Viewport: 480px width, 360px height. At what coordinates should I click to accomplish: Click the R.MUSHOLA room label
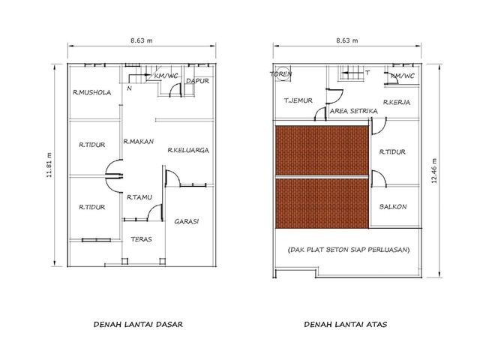[x=91, y=92]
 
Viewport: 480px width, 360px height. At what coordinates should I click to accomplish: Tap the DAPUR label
[x=197, y=81]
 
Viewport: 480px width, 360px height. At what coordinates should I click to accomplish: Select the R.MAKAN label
[x=138, y=142]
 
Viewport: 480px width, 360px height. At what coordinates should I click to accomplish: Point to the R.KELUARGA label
[x=188, y=150]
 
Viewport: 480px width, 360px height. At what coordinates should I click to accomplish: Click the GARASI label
[x=187, y=221]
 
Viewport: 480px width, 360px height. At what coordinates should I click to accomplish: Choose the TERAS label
[x=141, y=239]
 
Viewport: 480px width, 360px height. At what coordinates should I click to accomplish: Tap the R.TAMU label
[x=139, y=197]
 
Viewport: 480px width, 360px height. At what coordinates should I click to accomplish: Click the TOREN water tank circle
[x=282, y=73]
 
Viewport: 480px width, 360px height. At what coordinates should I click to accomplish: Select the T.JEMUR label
[x=298, y=100]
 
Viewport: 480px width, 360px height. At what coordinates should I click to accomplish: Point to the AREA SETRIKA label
[x=353, y=111]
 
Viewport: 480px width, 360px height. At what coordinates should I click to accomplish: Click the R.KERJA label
[x=397, y=102]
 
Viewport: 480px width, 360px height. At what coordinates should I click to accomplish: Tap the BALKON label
[x=393, y=207]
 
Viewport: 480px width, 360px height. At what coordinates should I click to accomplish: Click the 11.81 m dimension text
[x=49, y=165]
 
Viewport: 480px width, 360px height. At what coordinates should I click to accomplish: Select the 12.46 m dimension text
[x=434, y=171]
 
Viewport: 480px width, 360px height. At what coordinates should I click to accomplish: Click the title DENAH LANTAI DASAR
[x=138, y=325]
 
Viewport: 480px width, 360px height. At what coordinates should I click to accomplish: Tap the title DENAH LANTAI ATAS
[x=346, y=325]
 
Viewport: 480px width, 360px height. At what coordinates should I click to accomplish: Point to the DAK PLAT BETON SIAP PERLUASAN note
[x=349, y=250]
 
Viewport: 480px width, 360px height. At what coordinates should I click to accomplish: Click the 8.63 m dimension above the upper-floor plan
[x=347, y=40]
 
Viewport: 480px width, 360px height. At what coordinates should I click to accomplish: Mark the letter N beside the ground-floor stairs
[x=130, y=88]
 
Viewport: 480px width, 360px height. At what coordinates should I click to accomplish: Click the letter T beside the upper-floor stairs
[x=367, y=73]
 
